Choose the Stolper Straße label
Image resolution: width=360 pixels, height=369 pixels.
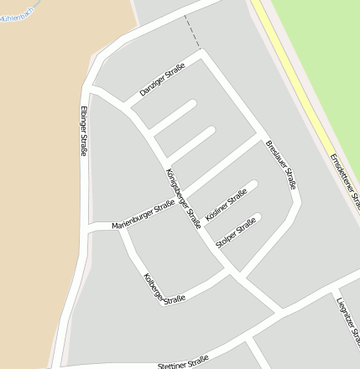tap(236, 233)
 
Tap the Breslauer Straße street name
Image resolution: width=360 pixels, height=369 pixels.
tap(280, 164)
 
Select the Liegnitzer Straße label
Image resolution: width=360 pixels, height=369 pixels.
tap(347, 319)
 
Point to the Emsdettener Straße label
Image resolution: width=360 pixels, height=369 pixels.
tap(344, 180)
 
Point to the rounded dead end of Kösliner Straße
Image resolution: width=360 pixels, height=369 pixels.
tap(252, 185)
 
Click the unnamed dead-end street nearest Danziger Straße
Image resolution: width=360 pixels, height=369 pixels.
tap(175, 117)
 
